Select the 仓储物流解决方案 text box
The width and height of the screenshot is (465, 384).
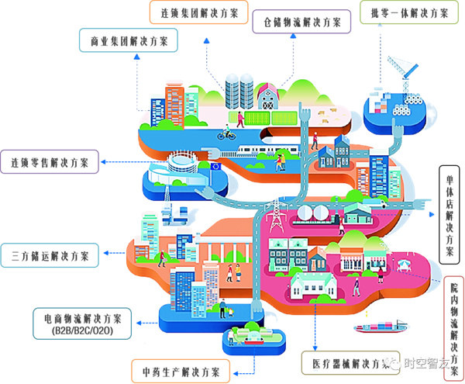[x=301, y=22]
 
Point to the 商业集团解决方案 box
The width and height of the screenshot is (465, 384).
[x=126, y=40]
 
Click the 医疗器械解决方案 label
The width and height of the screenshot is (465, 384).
[x=346, y=363]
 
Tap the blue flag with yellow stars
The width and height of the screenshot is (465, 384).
[x=214, y=166]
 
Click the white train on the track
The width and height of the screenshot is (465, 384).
[x=263, y=150]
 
